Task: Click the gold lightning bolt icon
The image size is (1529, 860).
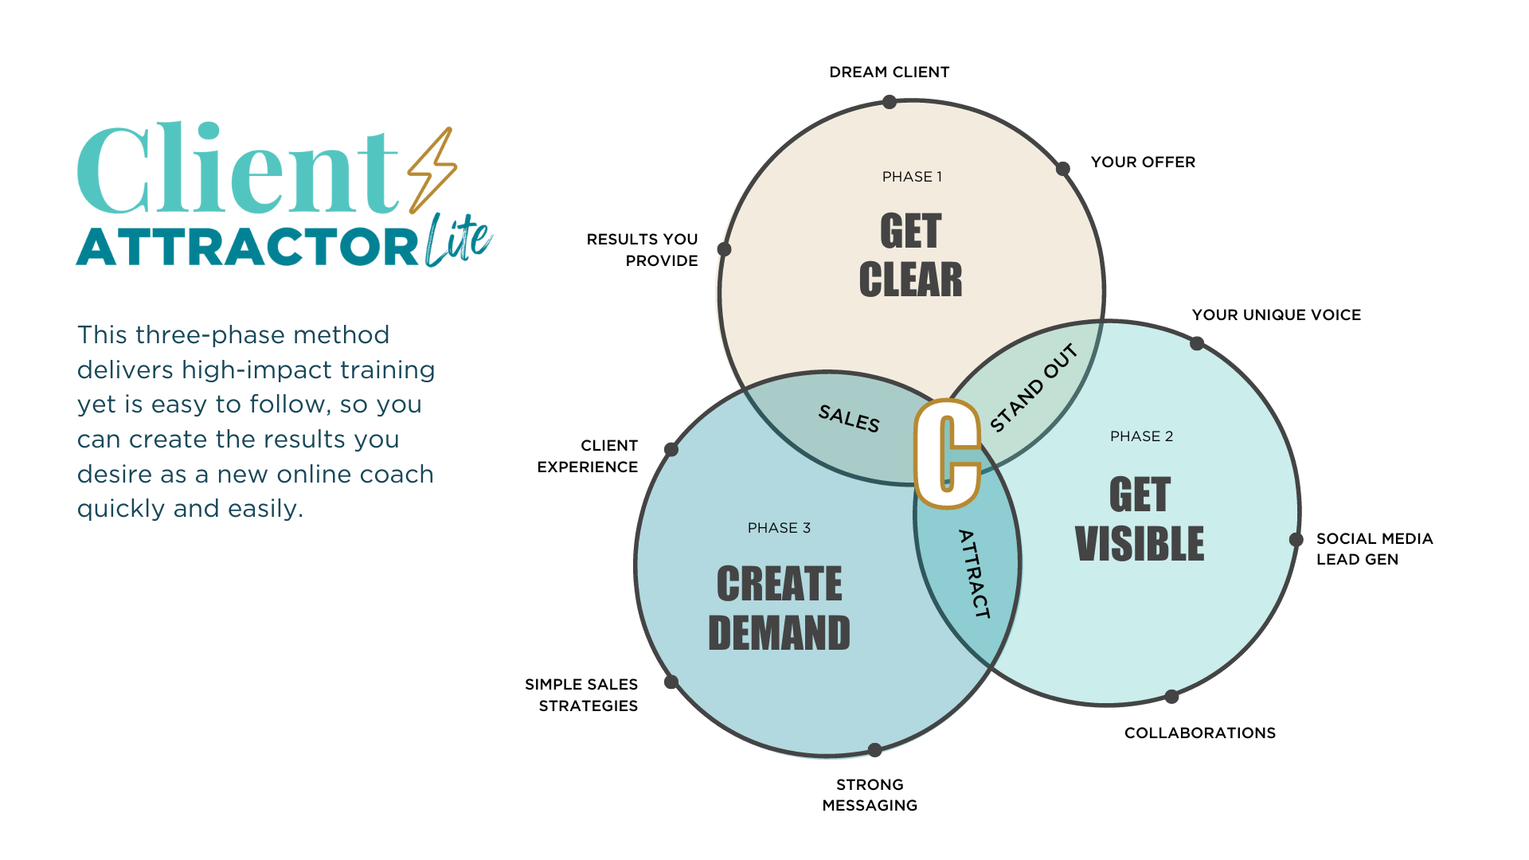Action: (432, 170)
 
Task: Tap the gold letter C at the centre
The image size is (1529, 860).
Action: (947, 453)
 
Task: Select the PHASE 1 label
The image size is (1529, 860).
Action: (912, 177)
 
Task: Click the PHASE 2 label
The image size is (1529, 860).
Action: (1141, 436)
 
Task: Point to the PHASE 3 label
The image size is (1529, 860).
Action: (779, 528)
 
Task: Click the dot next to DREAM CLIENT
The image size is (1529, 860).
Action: (890, 102)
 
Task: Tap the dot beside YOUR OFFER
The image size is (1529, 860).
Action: (1062, 169)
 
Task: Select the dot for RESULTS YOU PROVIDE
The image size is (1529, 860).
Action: (724, 249)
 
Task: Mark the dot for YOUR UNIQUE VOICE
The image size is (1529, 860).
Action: (1196, 343)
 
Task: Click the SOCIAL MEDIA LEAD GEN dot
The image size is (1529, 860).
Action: (1296, 540)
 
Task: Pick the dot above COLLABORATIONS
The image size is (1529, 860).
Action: (1171, 697)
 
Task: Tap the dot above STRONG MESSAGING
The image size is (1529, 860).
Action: (874, 750)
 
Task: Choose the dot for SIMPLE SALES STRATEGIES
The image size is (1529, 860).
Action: (671, 682)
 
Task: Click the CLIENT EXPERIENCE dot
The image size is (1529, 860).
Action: (671, 450)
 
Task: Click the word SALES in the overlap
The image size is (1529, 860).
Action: (849, 418)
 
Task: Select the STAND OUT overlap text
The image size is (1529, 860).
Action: (1034, 388)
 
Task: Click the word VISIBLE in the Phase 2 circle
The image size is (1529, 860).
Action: (1140, 544)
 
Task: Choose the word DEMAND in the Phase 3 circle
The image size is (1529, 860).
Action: (779, 634)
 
